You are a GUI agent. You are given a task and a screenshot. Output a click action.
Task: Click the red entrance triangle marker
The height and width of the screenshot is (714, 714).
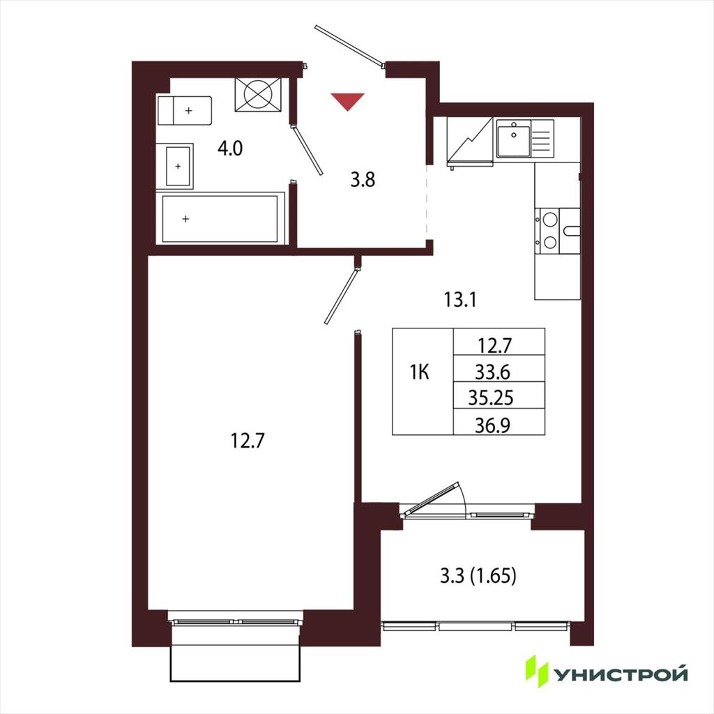point(347,101)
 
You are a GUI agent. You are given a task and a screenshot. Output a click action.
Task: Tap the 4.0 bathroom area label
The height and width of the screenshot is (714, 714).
point(230,149)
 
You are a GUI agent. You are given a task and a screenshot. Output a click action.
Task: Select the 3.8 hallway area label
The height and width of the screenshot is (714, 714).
point(363,180)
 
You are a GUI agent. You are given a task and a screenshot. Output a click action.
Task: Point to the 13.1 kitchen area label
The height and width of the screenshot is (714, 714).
point(460,300)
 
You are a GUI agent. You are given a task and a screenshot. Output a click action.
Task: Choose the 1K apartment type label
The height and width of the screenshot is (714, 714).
point(420,373)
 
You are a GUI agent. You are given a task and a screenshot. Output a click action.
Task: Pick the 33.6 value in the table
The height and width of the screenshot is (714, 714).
point(493,373)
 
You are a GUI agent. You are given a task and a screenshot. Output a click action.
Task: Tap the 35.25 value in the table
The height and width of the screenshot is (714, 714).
point(491,398)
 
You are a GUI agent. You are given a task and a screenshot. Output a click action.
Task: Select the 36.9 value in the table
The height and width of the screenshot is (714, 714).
point(493,425)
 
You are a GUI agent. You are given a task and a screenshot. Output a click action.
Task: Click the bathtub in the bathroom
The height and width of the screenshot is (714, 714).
point(220,219)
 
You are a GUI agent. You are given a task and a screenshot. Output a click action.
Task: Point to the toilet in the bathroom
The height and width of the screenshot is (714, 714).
point(184,111)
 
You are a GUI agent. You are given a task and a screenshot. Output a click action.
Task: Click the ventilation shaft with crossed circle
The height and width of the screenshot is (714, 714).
point(258,94)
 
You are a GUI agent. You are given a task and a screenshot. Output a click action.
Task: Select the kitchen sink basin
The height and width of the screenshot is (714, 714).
point(514,141)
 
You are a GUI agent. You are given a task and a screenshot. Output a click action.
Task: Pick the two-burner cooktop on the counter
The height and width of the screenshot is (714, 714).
point(549,231)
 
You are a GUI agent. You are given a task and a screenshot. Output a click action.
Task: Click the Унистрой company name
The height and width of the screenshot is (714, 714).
point(620,674)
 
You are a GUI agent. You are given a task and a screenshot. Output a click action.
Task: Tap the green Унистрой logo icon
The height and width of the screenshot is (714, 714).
point(537,671)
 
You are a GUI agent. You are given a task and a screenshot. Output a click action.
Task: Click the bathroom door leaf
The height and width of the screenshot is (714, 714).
point(307,151)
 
